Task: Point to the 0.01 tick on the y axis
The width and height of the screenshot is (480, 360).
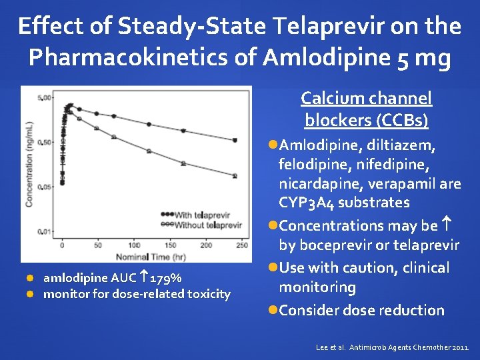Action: click(45, 231)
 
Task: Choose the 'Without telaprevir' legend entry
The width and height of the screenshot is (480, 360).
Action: click(203, 225)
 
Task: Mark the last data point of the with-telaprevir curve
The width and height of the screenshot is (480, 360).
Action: click(235, 140)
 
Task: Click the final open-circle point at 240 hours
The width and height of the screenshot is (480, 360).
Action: click(235, 176)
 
